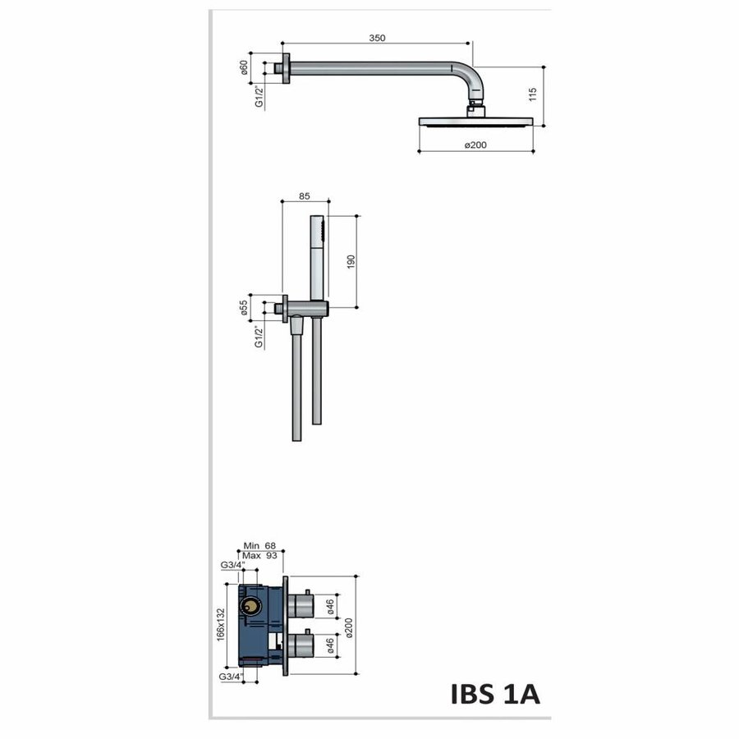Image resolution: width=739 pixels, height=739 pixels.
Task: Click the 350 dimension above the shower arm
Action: point(377,38)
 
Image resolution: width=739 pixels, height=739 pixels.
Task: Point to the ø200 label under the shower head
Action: point(476,145)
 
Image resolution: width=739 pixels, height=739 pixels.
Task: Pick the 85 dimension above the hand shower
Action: point(305,196)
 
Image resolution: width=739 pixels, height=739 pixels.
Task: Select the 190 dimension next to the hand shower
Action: point(351,261)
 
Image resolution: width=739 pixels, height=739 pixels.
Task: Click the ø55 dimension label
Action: point(244,308)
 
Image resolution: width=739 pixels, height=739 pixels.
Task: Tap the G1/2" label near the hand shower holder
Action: point(259,337)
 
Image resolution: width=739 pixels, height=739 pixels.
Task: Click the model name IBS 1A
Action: point(495,694)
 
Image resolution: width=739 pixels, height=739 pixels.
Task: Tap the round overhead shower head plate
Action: point(476,122)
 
